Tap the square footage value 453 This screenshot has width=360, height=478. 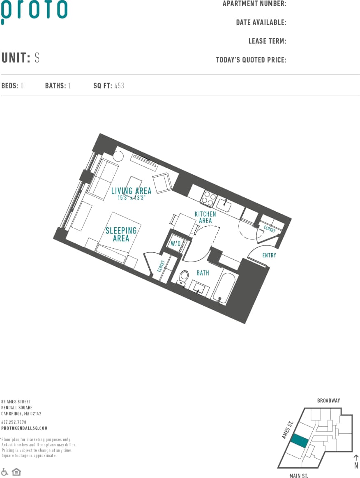tap(119, 86)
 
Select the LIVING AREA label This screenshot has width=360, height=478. tap(131, 191)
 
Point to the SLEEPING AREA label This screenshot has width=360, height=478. tap(121, 234)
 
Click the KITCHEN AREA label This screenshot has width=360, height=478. tap(205, 217)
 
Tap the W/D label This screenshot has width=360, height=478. tap(176, 244)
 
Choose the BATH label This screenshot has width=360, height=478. tap(203, 273)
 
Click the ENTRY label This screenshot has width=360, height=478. tap(269, 255)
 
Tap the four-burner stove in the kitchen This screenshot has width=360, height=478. tap(208, 199)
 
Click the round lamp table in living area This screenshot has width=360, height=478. tap(119, 156)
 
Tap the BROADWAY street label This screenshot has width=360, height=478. tap(328, 400)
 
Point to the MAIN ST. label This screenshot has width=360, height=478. tap(298, 476)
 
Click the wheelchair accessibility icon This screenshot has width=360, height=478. tap(5, 471)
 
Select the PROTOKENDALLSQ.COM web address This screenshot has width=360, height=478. tap(24, 428)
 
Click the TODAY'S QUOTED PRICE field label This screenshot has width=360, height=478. tap(251, 60)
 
